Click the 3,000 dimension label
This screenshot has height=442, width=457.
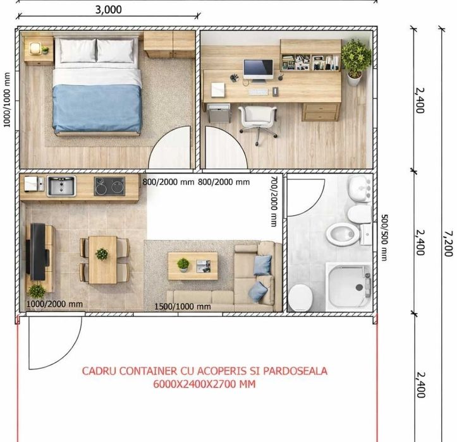[x=109, y=9]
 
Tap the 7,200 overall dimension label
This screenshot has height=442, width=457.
[x=448, y=244]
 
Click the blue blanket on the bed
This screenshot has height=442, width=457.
[x=97, y=109]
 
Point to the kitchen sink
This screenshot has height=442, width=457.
[x=61, y=186]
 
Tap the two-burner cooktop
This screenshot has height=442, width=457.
[x=109, y=186]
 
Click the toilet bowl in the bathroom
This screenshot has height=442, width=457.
[x=343, y=234]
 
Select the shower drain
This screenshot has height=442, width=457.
[x=359, y=287]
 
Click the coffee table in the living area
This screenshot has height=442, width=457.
[x=193, y=266]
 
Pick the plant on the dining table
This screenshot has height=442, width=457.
[x=102, y=254]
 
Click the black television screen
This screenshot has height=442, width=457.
[x=38, y=251]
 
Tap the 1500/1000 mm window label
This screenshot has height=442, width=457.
[x=183, y=306]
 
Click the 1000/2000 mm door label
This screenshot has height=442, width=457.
[x=54, y=304]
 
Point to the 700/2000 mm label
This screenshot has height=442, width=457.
[x=274, y=201]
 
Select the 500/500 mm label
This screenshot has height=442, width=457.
[x=384, y=237]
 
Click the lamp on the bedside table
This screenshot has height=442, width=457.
[x=35, y=49]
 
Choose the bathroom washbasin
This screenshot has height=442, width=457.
[x=360, y=189]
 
